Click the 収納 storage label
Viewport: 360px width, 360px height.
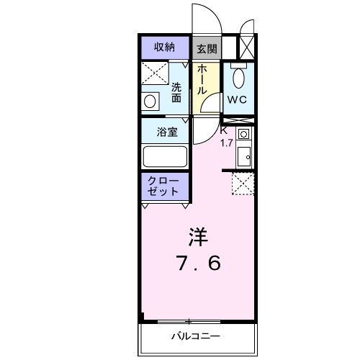pos(164,48)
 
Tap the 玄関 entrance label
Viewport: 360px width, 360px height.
pos(207,49)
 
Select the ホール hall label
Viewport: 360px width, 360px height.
pos(202,80)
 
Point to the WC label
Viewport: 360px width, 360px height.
pos(238,100)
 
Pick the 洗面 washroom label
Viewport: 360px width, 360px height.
pos(176,92)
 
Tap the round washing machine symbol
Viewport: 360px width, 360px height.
pos(150,101)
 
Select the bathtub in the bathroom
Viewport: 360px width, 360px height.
pos(165,156)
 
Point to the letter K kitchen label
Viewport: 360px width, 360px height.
pos(224,130)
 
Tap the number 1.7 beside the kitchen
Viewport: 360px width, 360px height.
pos(226,142)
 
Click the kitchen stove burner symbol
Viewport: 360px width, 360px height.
pos(243,134)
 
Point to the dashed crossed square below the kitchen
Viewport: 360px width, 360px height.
pos(243,184)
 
